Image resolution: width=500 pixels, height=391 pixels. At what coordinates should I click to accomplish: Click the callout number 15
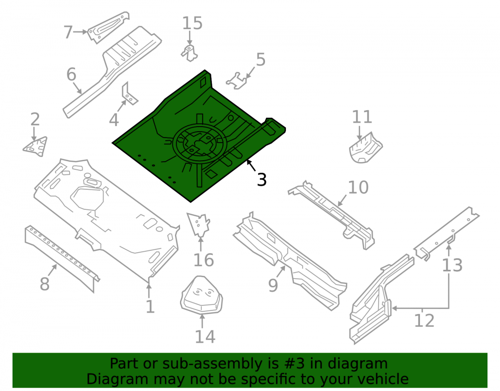click(192, 24)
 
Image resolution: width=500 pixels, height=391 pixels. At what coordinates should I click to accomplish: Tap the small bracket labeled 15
click(189, 53)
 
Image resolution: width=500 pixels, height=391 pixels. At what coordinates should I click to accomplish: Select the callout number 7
click(68, 32)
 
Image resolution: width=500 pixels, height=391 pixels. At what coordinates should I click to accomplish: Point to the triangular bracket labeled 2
click(35, 147)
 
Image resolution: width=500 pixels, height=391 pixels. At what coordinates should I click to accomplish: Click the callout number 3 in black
click(262, 180)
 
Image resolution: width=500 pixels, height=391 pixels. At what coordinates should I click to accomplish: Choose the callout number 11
click(362, 117)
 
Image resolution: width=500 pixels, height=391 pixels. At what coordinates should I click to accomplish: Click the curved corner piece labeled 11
click(365, 148)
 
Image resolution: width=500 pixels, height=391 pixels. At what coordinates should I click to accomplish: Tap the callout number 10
click(358, 187)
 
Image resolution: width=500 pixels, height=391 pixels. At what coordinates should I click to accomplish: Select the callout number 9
click(273, 285)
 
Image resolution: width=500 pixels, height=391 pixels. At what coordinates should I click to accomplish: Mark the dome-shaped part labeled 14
click(201, 294)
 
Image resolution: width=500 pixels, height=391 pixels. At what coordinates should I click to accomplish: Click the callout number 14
click(205, 337)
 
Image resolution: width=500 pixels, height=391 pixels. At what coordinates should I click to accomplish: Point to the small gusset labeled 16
click(198, 225)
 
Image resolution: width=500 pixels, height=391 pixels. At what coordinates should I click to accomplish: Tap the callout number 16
click(204, 260)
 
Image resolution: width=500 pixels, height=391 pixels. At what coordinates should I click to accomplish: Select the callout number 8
click(44, 284)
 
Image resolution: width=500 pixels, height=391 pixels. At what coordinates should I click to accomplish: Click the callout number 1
click(150, 307)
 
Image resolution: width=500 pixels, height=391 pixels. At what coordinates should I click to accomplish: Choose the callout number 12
click(424, 321)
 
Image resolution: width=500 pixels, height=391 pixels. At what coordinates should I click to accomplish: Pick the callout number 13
click(452, 265)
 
